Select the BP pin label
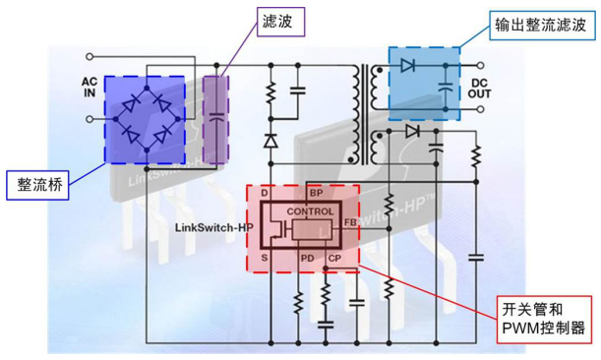tap(316, 193)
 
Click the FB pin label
tap(349, 224)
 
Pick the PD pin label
tap(307, 259)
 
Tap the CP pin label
tap(334, 259)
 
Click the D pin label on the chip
tap(265, 193)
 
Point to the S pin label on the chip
tap(265, 259)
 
